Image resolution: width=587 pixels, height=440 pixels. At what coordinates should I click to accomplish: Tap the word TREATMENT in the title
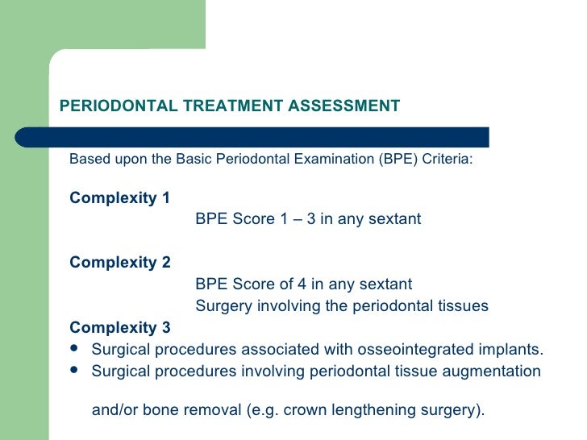[224, 106]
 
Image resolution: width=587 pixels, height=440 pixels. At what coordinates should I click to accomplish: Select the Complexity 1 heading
[120, 197]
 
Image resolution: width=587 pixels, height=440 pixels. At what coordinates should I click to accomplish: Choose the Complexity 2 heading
[120, 262]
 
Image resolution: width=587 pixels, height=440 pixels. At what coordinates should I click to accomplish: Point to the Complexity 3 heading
[120, 328]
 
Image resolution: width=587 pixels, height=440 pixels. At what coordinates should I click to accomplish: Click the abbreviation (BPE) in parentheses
[395, 159]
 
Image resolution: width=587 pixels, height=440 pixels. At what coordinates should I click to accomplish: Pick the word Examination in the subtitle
[331, 159]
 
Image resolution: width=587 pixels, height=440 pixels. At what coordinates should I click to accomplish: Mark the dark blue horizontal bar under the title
[274, 136]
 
